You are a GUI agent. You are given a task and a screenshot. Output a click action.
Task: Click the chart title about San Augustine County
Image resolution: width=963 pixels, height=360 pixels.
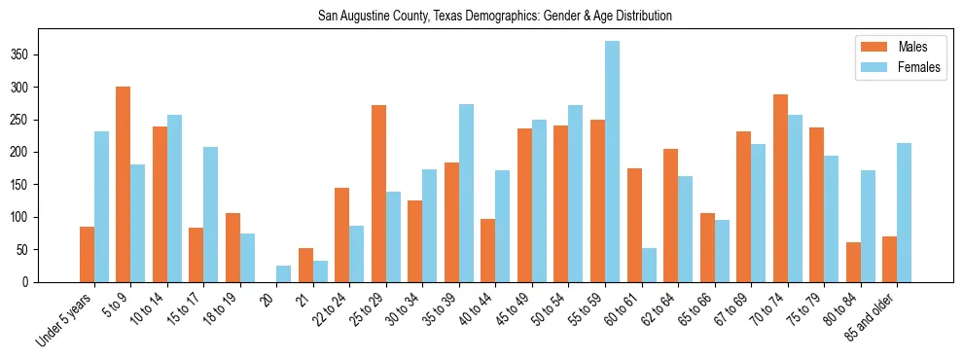coord(495,16)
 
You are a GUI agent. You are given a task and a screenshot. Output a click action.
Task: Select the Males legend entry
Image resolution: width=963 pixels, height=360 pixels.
coord(898,47)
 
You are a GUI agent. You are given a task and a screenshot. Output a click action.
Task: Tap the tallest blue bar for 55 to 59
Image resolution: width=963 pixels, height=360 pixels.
coord(612,162)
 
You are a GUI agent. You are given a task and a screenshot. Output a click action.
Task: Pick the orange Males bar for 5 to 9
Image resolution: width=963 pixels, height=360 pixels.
coord(124,184)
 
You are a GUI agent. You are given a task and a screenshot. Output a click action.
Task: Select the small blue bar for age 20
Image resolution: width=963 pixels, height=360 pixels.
coord(283,273)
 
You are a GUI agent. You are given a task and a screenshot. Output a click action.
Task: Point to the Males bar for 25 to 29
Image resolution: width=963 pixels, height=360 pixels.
coord(378,194)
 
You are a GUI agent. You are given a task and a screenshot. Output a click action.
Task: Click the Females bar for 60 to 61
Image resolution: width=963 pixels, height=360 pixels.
coord(649,265)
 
